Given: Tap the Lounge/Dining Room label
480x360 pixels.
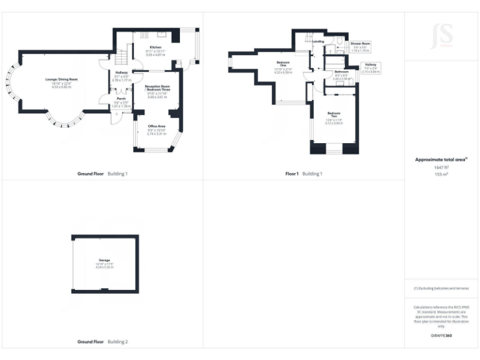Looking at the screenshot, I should click(61, 79).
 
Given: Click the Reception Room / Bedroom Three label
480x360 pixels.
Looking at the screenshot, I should click(157, 88).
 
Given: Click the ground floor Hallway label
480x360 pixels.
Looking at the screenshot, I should click(121, 56).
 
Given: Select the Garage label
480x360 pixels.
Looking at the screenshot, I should click(104, 259).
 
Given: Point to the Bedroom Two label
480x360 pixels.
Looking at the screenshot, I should click(333, 114).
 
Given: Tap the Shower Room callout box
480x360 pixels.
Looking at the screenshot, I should click(361, 43).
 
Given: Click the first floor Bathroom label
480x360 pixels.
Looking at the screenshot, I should click(341, 71).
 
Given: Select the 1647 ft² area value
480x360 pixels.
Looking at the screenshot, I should click(442, 167).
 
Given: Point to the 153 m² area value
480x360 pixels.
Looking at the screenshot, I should click(442, 174).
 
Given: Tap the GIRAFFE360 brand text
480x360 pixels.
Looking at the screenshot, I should click(441, 336).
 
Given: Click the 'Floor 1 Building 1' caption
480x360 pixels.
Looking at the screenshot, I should click(304, 173).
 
